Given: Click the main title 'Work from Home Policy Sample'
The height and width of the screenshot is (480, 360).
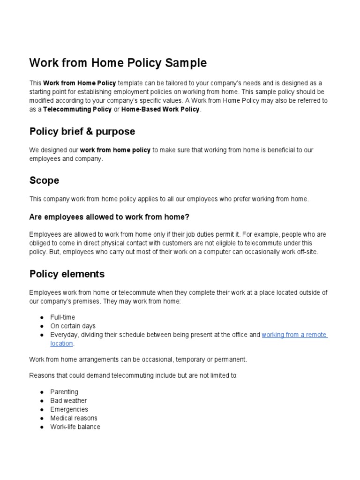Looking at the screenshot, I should pos(118,63).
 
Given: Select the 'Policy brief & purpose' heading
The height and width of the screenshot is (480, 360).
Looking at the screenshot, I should pos(82,131).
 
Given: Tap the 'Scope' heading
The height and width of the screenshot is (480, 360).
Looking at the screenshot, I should pos(44,180).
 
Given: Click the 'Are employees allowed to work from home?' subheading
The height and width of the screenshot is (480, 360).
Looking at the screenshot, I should pos(109,217).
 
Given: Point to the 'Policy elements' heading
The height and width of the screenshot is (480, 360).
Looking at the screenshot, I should pos(67,273).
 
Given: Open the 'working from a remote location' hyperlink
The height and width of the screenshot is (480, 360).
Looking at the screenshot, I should pos(294,335).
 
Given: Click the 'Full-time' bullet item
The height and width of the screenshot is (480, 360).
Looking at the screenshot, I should pos(62,317).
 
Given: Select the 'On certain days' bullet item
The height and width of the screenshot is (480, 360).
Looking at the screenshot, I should pos(73,326).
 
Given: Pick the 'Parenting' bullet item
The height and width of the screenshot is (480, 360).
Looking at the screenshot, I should pos(64,392).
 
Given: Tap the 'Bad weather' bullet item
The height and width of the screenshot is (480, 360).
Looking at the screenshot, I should pos(68,401).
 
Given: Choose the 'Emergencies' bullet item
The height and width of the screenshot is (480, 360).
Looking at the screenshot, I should pos(69,409).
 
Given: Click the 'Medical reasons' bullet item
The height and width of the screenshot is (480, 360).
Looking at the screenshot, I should pos(74,418).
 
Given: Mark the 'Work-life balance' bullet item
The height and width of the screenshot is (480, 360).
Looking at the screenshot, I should pos(75,427).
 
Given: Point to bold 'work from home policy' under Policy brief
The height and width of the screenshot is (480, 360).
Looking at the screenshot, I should pos(115,150).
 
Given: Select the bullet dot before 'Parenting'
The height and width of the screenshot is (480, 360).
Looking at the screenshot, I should pos(42,392).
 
